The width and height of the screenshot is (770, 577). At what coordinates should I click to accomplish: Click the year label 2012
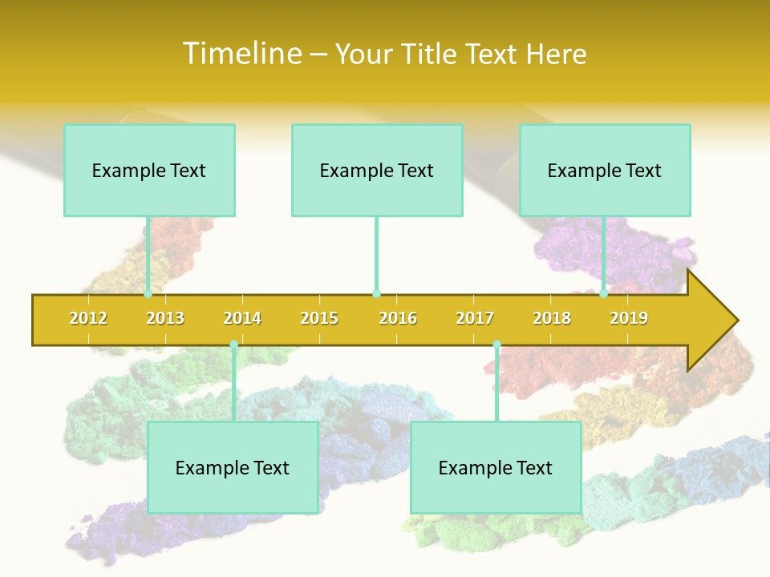(88, 318)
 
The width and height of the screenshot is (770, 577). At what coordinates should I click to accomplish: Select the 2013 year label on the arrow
(165, 318)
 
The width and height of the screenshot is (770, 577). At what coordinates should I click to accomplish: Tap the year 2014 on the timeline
(242, 318)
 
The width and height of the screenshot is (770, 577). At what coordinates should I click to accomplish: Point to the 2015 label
(319, 318)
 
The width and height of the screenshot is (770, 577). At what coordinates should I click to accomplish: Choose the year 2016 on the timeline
(398, 318)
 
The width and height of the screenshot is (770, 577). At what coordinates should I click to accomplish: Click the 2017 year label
(475, 318)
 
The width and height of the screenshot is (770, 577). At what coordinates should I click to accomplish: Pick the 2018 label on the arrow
(552, 318)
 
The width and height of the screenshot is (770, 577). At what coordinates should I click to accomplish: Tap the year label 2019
(629, 318)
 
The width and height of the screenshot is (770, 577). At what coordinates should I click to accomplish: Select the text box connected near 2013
(149, 170)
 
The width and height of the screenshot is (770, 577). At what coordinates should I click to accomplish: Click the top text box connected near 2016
(377, 170)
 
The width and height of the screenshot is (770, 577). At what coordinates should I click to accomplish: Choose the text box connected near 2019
(605, 170)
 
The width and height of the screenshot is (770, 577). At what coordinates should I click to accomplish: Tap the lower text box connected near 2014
(233, 467)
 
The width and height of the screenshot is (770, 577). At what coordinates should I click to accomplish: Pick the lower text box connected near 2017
(496, 467)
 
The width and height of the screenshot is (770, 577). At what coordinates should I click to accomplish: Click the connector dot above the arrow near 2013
(148, 294)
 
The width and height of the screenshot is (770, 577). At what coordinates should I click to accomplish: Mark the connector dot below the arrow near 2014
(233, 345)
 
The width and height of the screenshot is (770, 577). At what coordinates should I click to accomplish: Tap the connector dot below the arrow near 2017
(496, 345)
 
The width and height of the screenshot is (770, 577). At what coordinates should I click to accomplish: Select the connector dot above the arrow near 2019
(603, 294)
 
